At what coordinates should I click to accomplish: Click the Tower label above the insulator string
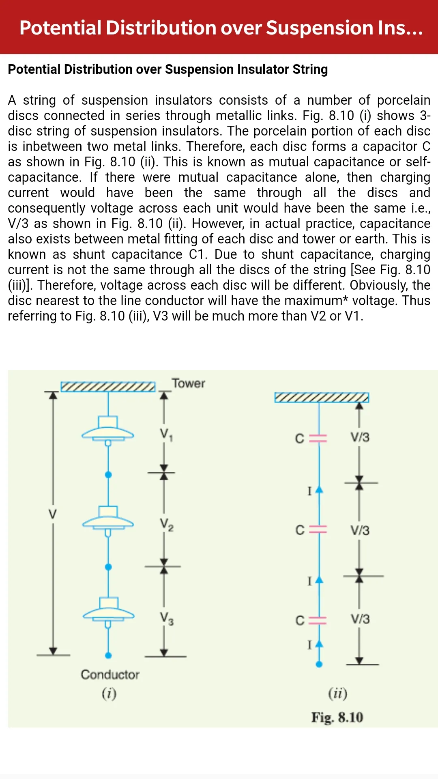[188, 383]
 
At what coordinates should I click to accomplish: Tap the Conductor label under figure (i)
[110, 674]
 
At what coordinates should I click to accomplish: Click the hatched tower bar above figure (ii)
[322, 397]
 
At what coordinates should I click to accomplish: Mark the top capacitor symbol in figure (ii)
[318, 438]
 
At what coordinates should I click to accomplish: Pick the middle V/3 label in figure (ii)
[360, 530]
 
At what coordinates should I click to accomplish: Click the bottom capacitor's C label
[300, 620]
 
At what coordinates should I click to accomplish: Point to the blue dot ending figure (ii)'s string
[319, 664]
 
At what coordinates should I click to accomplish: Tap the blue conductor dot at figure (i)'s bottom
[108, 655]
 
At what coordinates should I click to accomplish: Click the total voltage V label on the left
[53, 514]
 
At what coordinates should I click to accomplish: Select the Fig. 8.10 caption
[337, 717]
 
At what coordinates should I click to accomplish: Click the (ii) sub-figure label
[338, 693]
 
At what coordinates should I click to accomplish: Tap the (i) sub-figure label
[109, 693]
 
